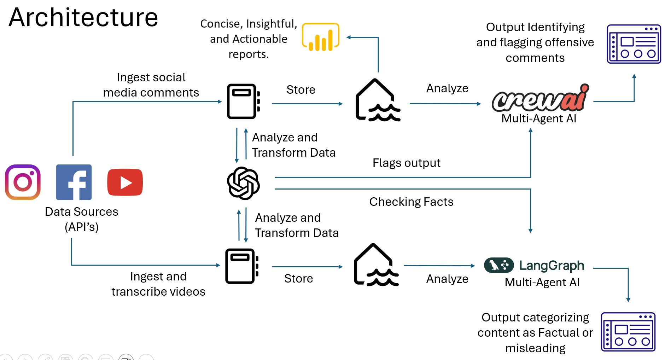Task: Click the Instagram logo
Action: [x=23, y=182]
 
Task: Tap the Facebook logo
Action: [x=74, y=182]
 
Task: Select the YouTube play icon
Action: [x=125, y=182]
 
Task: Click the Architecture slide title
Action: [x=83, y=17]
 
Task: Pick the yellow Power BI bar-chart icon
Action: [x=320, y=37]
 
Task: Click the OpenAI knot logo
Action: [x=243, y=183]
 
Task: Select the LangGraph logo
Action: [x=534, y=265]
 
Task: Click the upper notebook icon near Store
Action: [x=243, y=101]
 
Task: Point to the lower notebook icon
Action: [x=242, y=266]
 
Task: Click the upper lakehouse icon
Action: [x=377, y=101]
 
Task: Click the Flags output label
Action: [x=406, y=163]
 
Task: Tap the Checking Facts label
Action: [x=411, y=202]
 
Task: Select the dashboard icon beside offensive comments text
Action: [x=634, y=44]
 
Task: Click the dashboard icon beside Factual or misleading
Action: [x=628, y=332]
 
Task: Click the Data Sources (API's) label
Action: [x=81, y=219]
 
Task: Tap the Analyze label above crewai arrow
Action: [x=447, y=88]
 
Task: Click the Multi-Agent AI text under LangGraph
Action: [x=542, y=282]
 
